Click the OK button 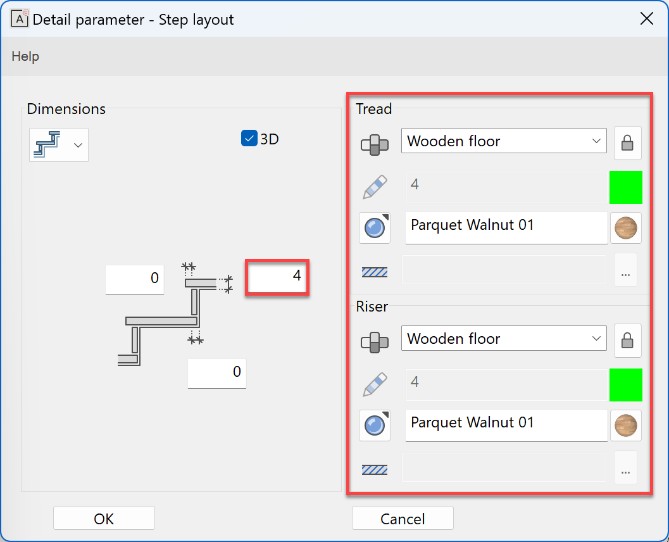(x=104, y=519)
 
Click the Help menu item (x=25, y=56)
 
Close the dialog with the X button (x=646, y=19)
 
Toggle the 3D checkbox (x=249, y=139)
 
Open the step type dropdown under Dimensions (x=59, y=145)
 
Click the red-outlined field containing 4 (x=277, y=277)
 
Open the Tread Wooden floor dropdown (x=504, y=141)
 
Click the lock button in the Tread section (x=627, y=143)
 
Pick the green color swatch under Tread (x=625, y=187)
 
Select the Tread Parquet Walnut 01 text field (x=506, y=227)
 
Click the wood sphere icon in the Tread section (x=625, y=228)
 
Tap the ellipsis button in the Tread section (x=625, y=271)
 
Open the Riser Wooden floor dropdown (x=504, y=339)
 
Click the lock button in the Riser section (x=627, y=341)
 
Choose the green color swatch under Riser (x=625, y=385)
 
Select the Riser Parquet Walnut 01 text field (x=506, y=424)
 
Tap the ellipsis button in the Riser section (x=625, y=469)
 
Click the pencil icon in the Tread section (x=375, y=187)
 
